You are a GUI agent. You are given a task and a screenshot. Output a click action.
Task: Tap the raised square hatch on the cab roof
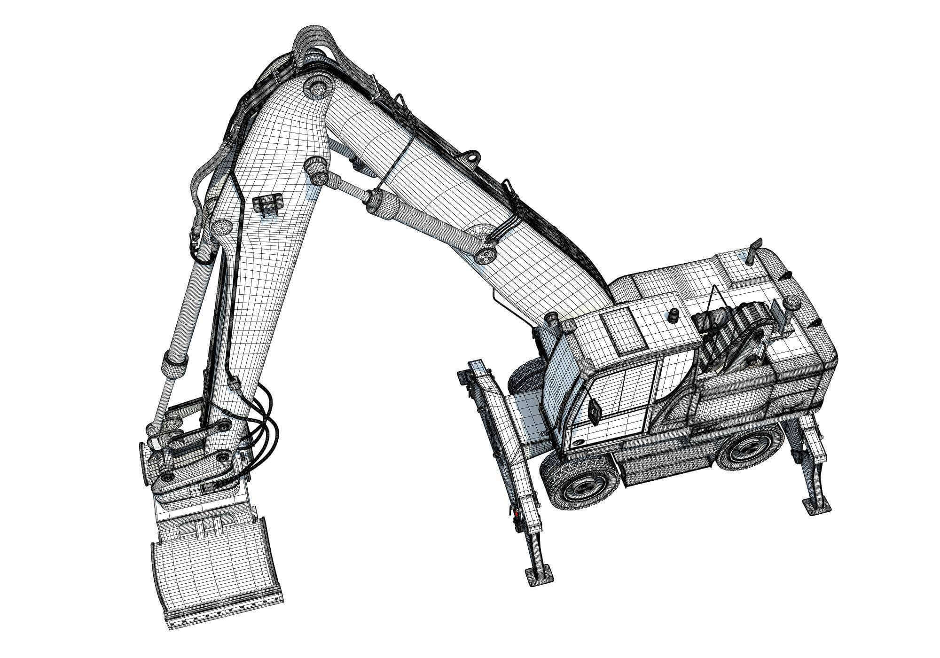pyautogui.click(x=622, y=330)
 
